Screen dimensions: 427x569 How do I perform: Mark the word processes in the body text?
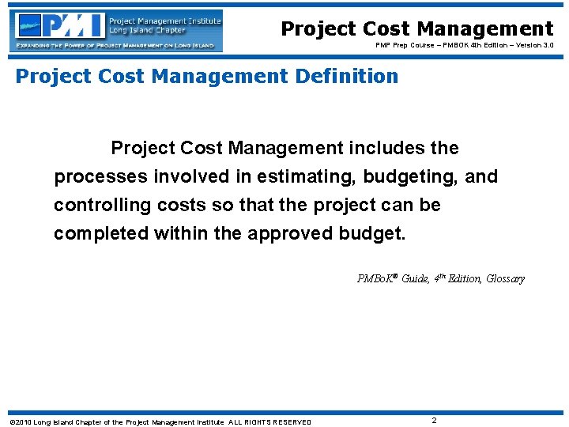coord(98,176)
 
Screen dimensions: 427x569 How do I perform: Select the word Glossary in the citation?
coord(505,278)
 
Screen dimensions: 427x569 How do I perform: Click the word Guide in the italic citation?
coord(416,278)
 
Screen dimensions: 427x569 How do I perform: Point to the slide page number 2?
coord(435,421)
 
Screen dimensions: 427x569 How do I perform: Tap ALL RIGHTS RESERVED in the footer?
coord(269,422)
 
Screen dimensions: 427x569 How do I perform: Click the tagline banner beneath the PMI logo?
coord(116,46)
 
